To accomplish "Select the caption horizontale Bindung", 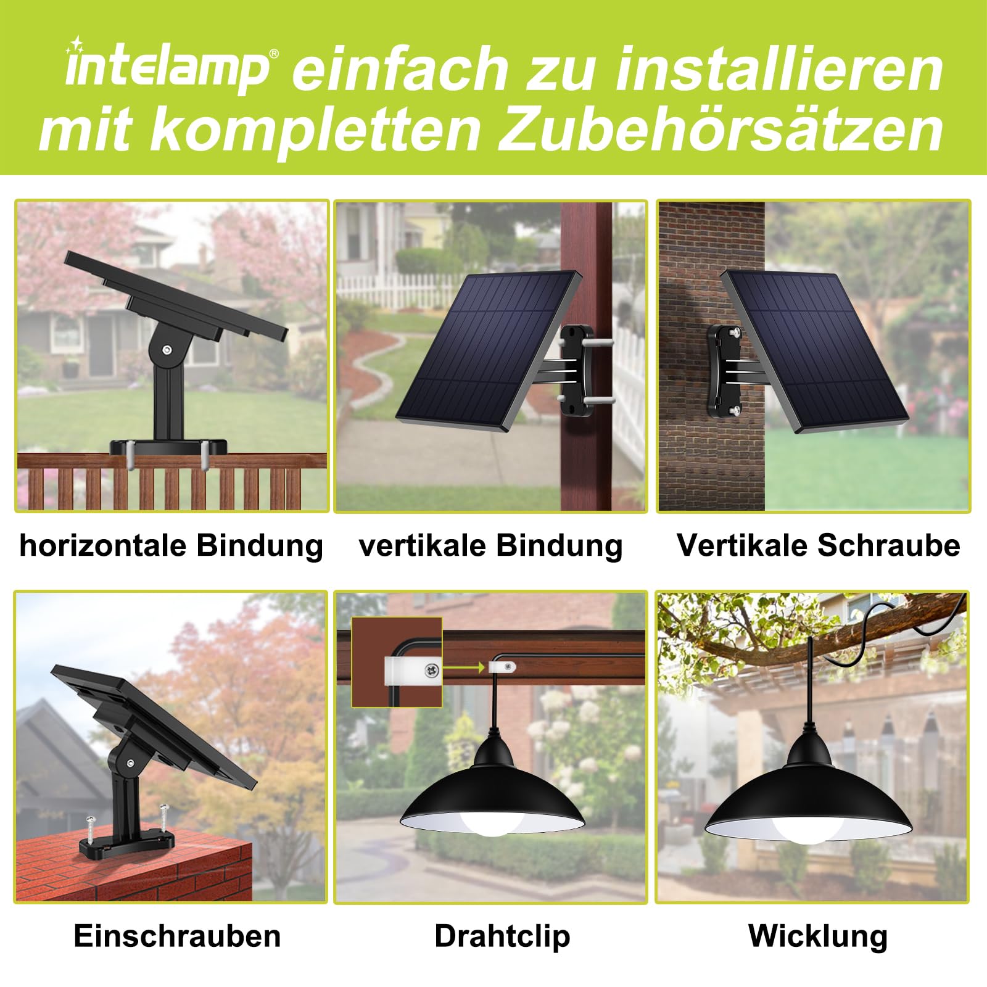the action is [x=171, y=546].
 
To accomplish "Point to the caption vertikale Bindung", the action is [x=491, y=546].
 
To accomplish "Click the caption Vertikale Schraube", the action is [x=819, y=545].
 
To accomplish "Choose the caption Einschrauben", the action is [x=178, y=936].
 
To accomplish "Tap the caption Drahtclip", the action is [x=502, y=936].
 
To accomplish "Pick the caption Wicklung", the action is [x=818, y=936].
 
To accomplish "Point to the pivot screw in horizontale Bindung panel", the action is [x=167, y=350].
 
